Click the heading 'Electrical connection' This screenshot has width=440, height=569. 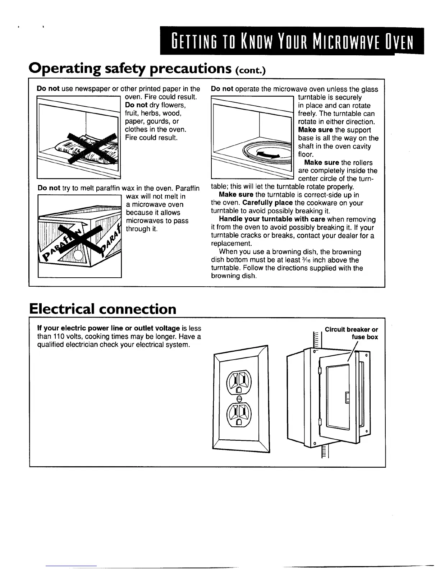[x=103, y=309]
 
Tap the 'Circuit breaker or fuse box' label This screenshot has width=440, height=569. [x=351, y=333]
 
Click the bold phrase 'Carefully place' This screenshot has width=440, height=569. [x=268, y=203]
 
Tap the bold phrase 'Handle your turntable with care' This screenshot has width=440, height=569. [x=272, y=219]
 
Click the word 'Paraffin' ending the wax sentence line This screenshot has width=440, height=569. [x=188, y=188]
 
